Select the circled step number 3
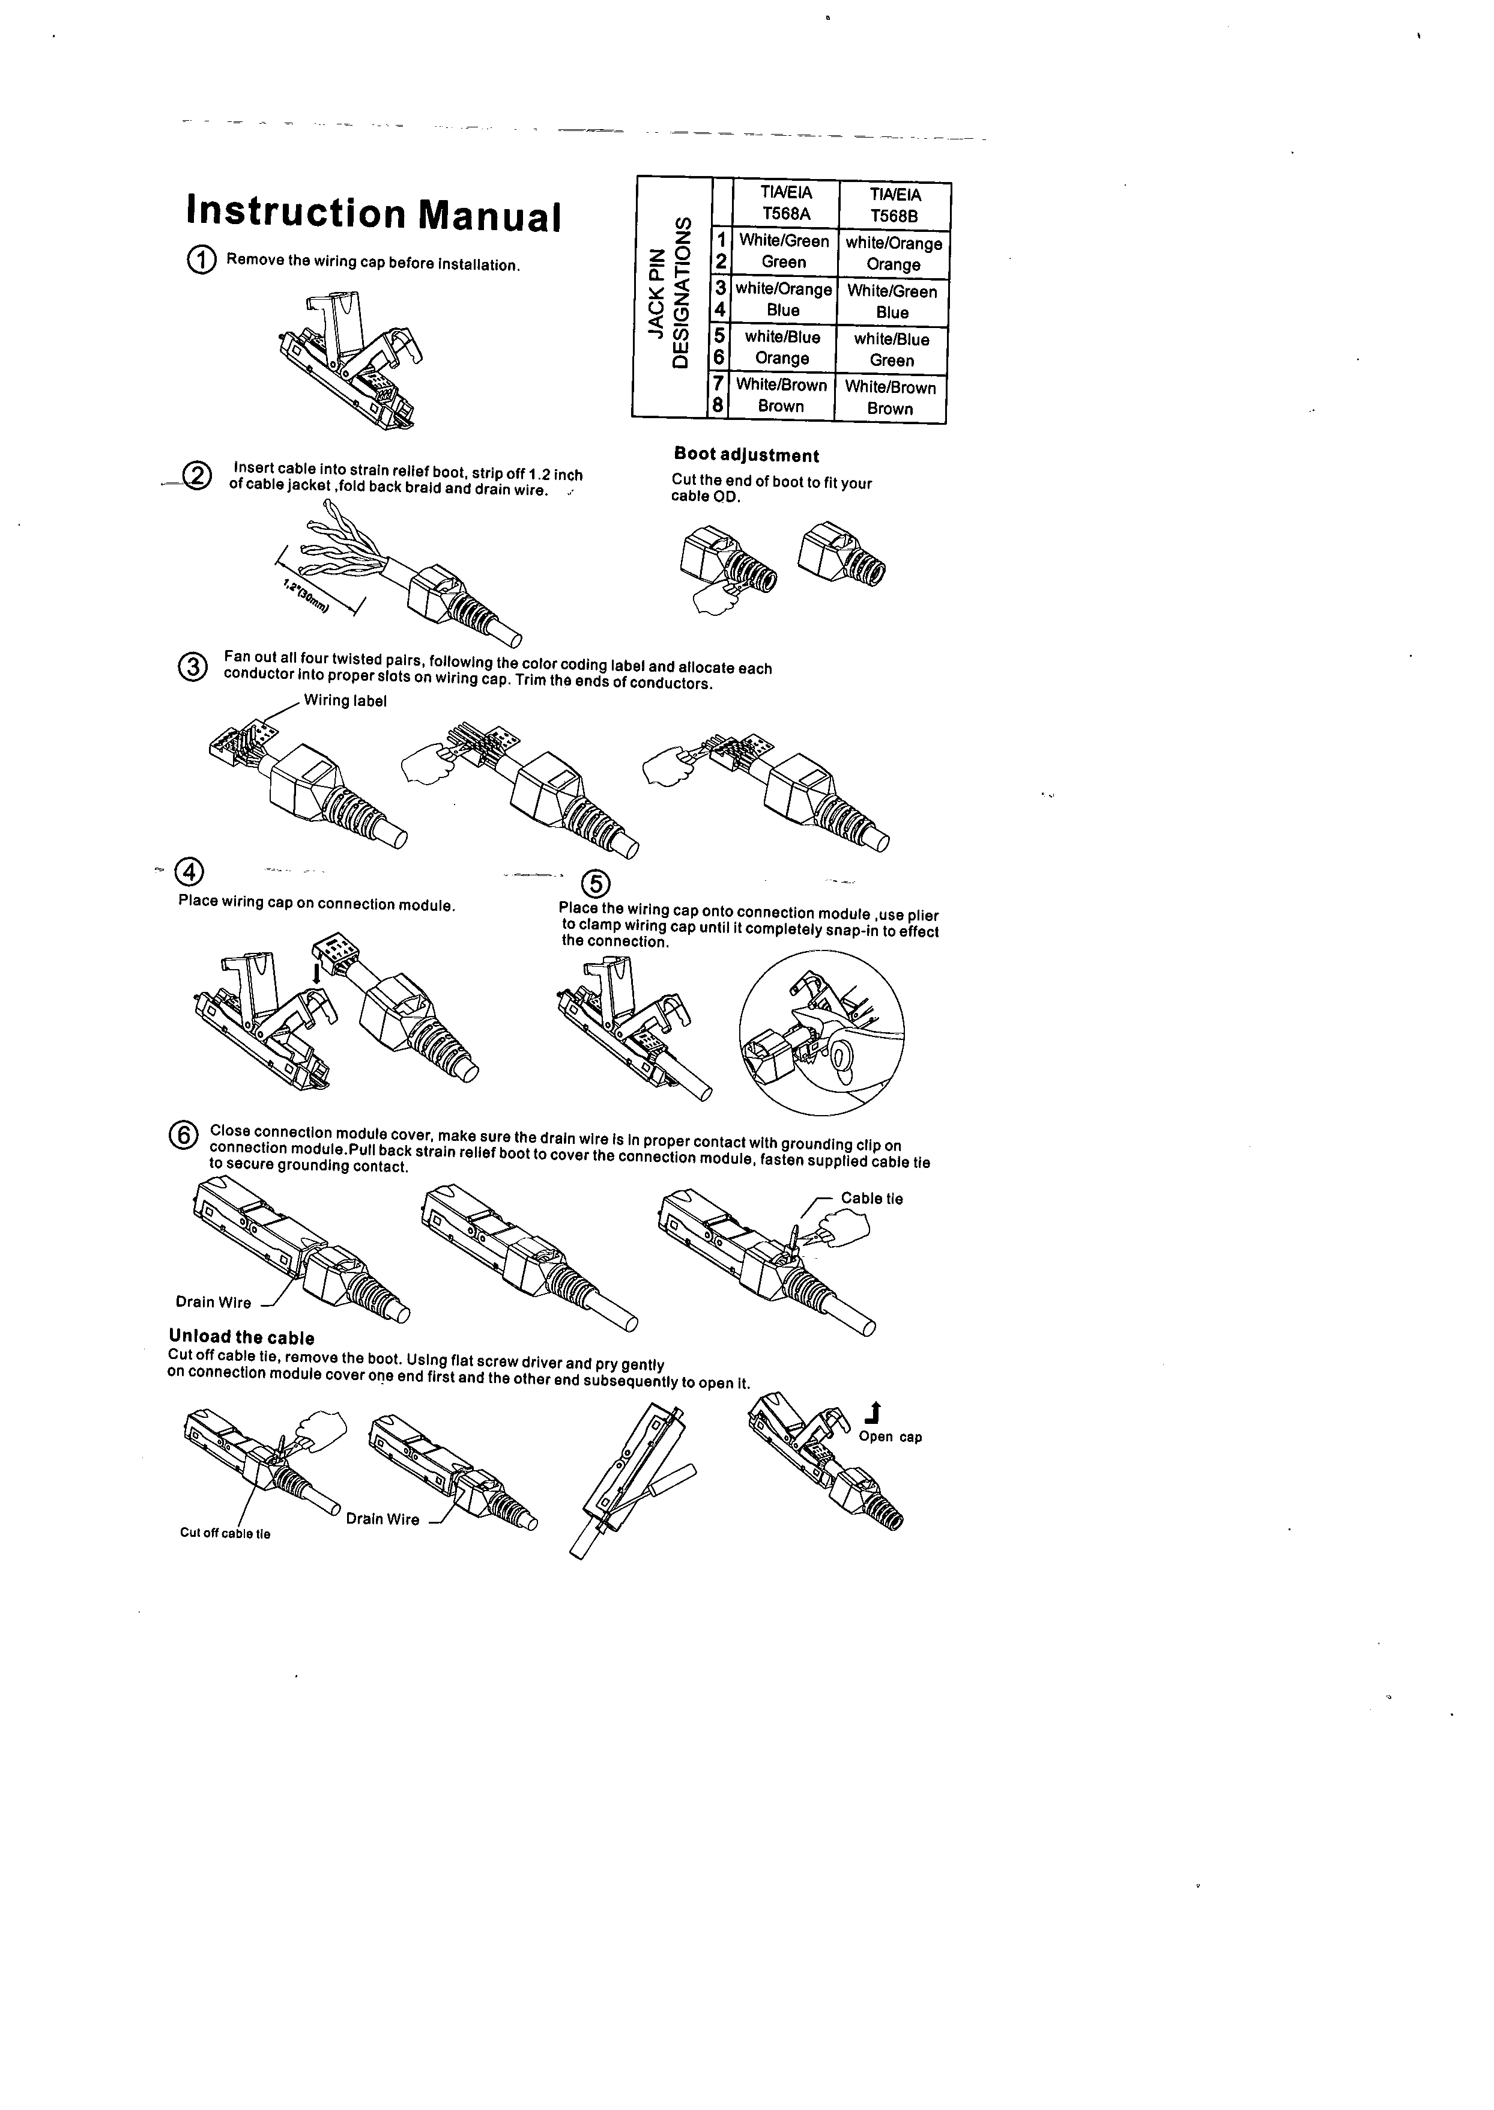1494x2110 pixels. (192, 666)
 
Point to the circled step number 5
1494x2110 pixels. (596, 884)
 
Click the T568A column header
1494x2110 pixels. (785, 204)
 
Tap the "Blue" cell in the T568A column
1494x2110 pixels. (783, 310)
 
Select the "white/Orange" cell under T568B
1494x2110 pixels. (894, 244)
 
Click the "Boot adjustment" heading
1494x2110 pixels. (746, 455)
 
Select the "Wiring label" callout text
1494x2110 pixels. (345, 701)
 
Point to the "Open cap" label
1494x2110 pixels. (889, 1437)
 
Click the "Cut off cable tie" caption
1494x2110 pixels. (225, 1533)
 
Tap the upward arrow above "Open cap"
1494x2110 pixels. (874, 1412)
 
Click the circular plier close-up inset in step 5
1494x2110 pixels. (821, 1032)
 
